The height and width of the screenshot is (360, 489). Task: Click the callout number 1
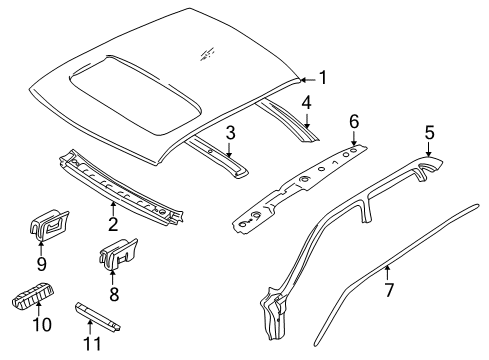[x=322, y=77]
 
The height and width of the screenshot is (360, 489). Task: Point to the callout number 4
[x=308, y=101]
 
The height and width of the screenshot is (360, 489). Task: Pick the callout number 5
[x=429, y=131]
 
